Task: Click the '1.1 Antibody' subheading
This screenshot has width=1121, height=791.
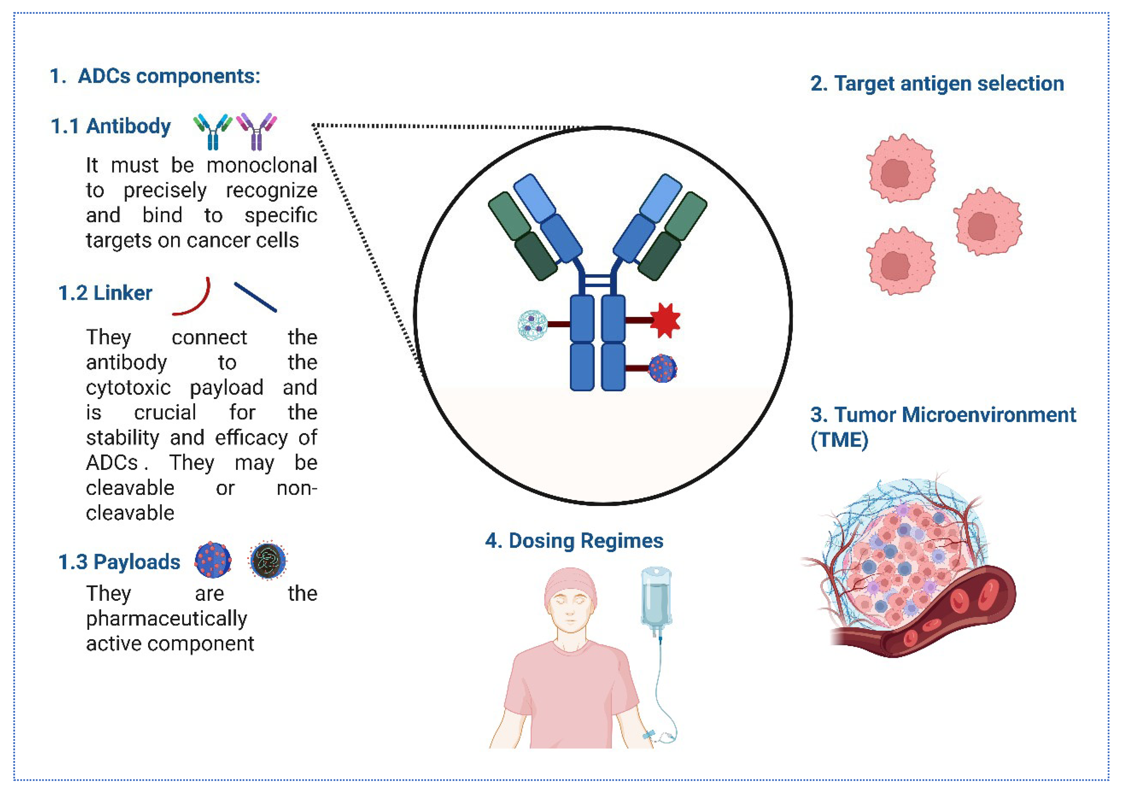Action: (x=111, y=126)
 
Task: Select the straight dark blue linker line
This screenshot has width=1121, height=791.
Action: (x=255, y=297)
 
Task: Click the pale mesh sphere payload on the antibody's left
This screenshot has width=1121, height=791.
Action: (x=532, y=325)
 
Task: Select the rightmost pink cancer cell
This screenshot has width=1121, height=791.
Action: (x=987, y=222)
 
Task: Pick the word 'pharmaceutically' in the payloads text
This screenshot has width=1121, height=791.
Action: (x=166, y=619)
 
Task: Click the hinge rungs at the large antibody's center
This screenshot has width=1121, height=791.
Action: (x=598, y=281)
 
